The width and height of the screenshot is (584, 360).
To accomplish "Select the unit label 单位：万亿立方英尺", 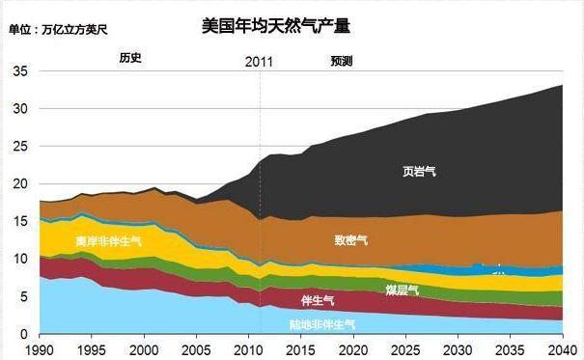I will [x=58, y=30].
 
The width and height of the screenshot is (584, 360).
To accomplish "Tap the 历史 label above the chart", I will [x=130, y=58].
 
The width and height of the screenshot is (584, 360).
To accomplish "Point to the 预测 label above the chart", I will [x=342, y=60].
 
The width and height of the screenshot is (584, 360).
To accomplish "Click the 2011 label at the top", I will [x=259, y=61].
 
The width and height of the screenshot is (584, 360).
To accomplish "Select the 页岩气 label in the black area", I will [x=419, y=173].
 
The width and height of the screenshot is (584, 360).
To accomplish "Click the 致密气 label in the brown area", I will [x=350, y=238].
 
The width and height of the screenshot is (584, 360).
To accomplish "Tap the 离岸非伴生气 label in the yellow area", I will [x=108, y=240].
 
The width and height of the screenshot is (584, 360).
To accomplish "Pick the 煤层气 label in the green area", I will [x=401, y=290].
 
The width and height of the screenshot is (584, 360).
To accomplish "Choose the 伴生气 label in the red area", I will [x=318, y=300].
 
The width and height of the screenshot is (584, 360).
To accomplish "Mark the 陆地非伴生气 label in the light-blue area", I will [x=322, y=324].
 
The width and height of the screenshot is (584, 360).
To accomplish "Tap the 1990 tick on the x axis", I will [x=40, y=348].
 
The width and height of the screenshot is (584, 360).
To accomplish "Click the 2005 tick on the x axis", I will [x=197, y=348].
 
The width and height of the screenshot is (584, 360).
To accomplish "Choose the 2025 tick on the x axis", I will [x=406, y=348].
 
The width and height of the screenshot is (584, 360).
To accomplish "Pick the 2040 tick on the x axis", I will [x=563, y=348].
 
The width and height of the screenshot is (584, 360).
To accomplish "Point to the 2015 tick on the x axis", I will [x=301, y=348].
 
